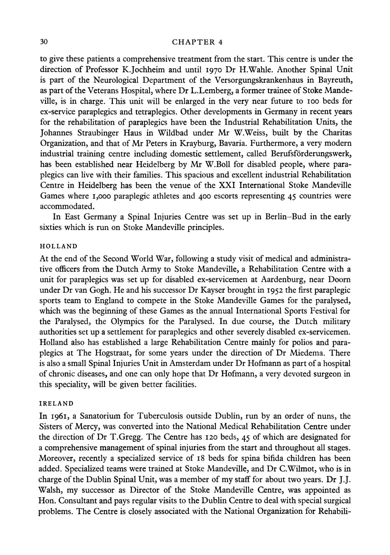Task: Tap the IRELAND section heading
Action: [56, 403]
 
